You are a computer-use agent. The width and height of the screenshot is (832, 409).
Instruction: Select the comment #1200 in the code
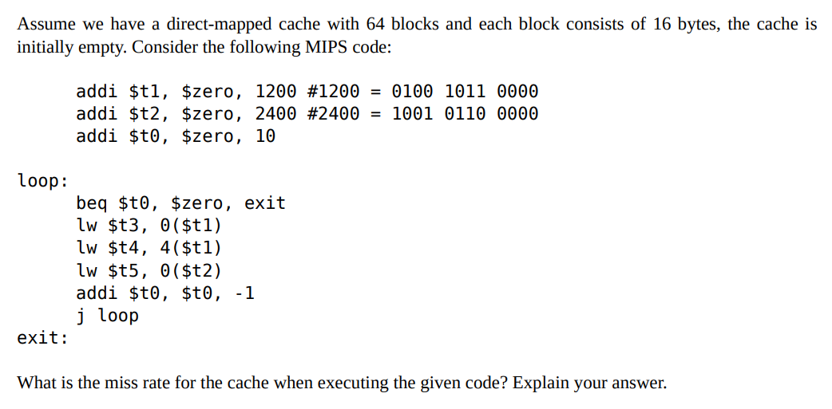click(333, 92)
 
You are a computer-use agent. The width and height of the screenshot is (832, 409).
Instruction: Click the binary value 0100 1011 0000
click(466, 92)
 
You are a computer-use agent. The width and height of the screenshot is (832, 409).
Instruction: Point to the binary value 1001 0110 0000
click(466, 114)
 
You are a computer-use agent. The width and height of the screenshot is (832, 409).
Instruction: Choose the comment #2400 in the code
click(333, 114)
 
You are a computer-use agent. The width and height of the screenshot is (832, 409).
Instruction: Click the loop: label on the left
click(42, 181)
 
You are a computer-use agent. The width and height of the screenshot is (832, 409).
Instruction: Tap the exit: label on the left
click(42, 338)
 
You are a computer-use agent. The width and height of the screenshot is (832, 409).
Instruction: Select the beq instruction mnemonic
click(92, 203)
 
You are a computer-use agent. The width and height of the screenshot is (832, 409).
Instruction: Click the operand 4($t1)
click(191, 248)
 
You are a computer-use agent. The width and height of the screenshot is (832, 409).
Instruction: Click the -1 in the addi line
click(246, 293)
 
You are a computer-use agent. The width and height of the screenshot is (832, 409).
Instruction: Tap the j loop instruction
click(108, 316)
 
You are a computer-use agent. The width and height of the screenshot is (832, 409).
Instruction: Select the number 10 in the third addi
click(265, 136)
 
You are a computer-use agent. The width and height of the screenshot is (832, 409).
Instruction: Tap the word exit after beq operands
click(265, 203)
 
